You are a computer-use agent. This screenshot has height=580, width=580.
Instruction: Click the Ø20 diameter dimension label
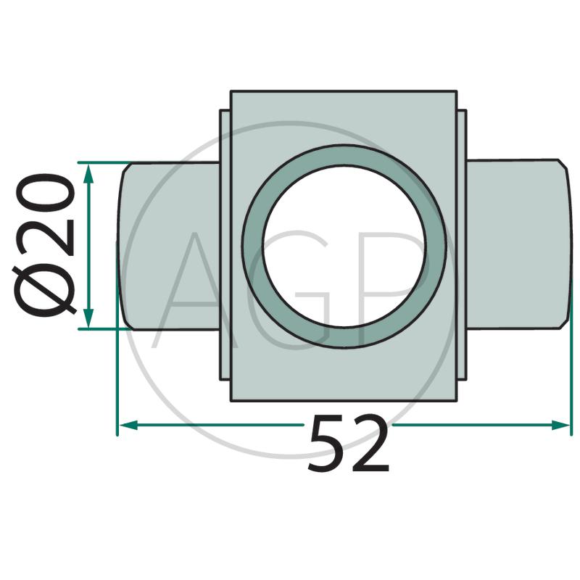click(x=45, y=245)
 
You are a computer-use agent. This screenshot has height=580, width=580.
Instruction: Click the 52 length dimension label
click(x=348, y=443)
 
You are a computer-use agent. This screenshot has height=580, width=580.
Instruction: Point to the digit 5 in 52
click(x=328, y=443)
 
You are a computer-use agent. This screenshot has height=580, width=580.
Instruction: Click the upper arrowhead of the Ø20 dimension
click(x=88, y=174)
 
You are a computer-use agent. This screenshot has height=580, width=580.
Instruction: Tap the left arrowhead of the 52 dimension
click(x=128, y=425)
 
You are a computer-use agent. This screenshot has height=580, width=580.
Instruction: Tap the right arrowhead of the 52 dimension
click(x=560, y=425)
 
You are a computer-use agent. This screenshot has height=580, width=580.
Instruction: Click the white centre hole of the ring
click(x=344, y=246)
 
